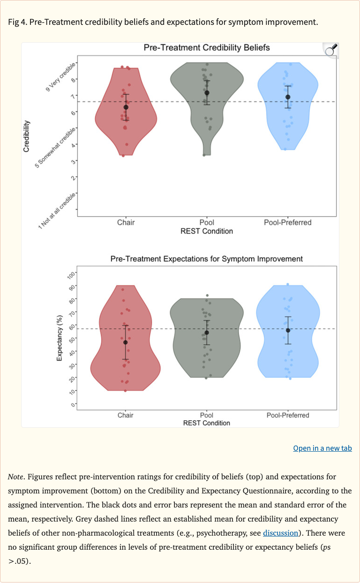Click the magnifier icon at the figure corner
pyautogui.click(x=331, y=50)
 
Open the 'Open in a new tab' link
pyautogui.click(x=322, y=448)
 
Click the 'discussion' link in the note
pyautogui.click(x=280, y=533)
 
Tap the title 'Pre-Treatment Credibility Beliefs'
pyautogui.click(x=206, y=48)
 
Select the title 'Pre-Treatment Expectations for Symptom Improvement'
pyautogui.click(x=206, y=259)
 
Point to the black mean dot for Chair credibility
pyautogui.click(x=126, y=107)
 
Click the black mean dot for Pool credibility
pyautogui.click(x=207, y=93)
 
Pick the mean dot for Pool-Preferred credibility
pyautogui.click(x=288, y=97)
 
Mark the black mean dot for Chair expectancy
pyautogui.click(x=125, y=342)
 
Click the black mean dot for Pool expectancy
pyautogui.click(x=207, y=333)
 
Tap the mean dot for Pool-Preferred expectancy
pyautogui.click(x=288, y=330)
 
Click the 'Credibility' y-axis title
pyautogui.click(x=27, y=136)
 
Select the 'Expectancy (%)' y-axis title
pyautogui.click(x=60, y=338)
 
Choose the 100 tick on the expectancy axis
pyautogui.click(x=71, y=273)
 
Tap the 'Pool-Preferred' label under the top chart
pyautogui.click(x=287, y=222)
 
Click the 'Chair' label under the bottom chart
pyautogui.click(x=125, y=415)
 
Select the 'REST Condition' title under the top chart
pyautogui.click(x=206, y=231)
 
